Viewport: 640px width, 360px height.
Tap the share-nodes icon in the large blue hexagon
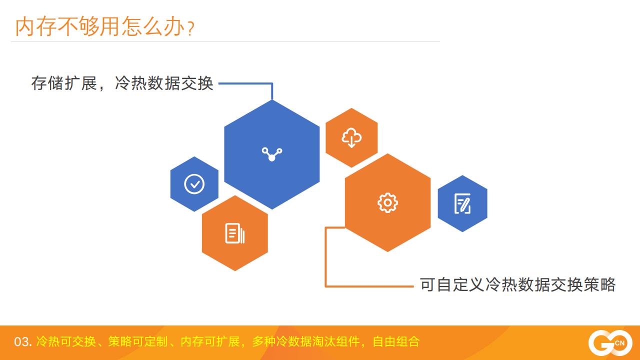click(272, 153)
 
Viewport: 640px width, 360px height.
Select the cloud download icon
click(351, 137)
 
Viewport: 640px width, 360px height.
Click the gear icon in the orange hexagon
click(387, 202)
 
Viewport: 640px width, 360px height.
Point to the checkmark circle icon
click(194, 184)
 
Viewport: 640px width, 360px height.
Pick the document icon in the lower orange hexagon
click(234, 233)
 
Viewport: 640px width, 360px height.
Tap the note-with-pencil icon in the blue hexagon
click(462, 203)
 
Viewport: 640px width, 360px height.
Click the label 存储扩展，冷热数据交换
click(122, 83)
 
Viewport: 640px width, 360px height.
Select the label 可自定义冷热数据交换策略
click(517, 284)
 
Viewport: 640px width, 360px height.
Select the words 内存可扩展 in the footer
click(210, 342)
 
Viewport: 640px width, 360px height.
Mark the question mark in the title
click(190, 29)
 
